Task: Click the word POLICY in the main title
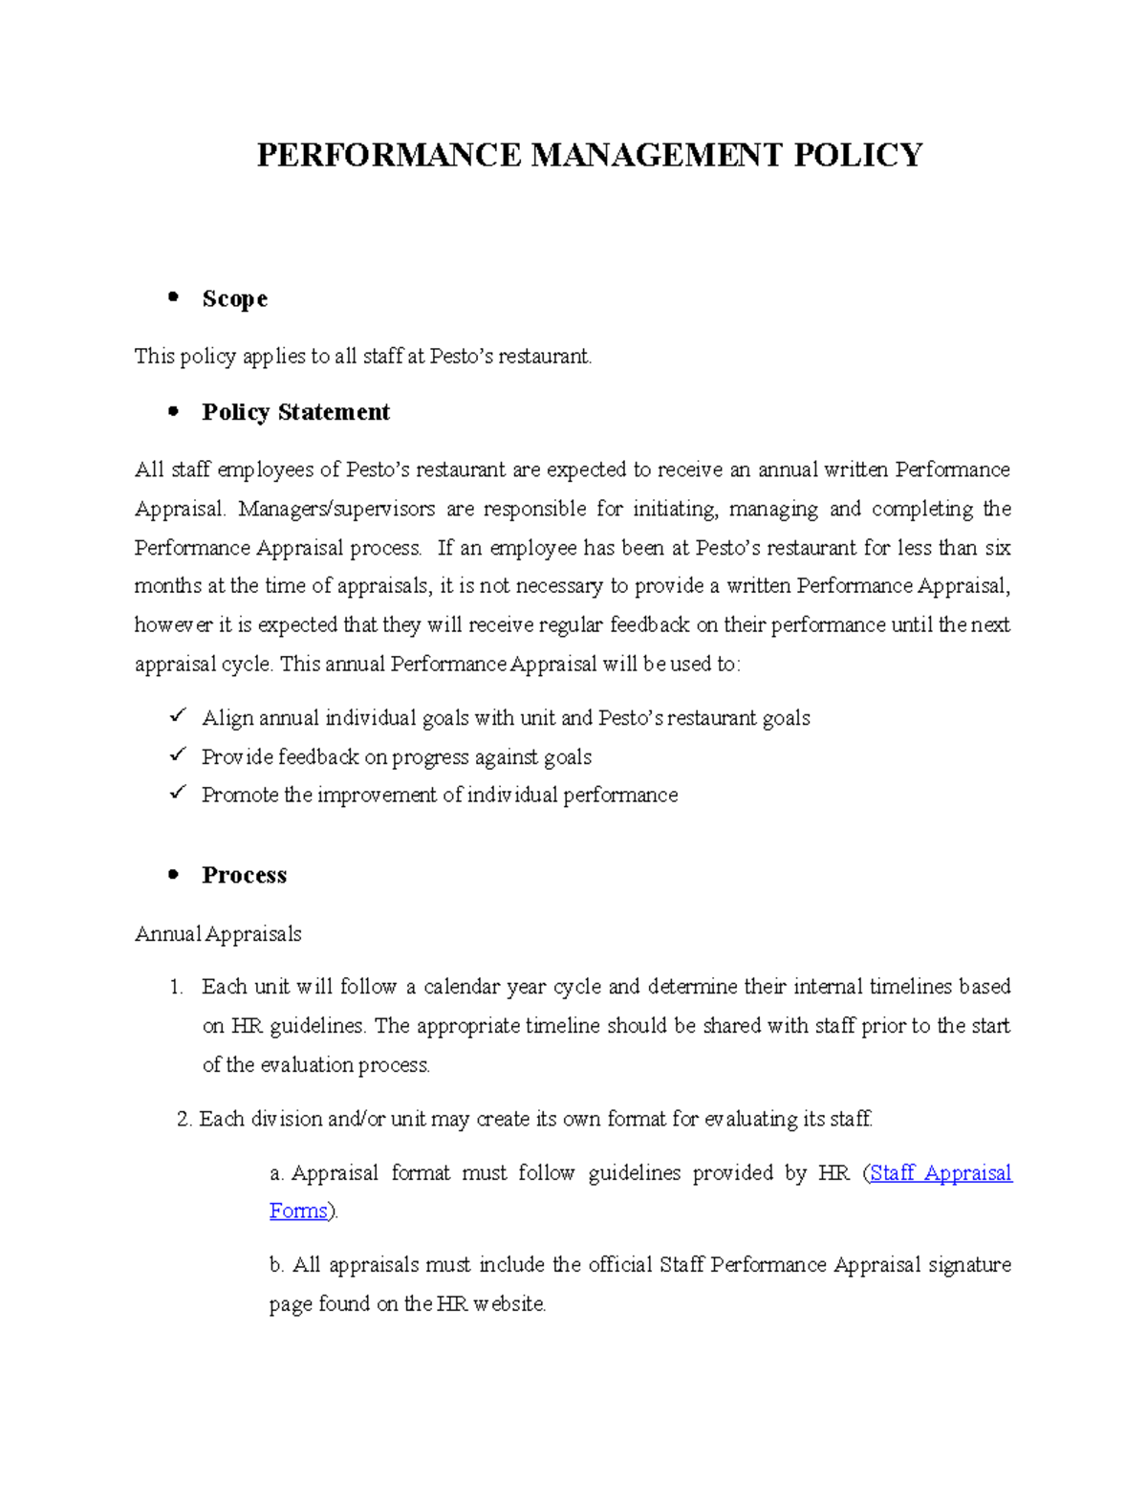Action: pyautogui.click(x=857, y=155)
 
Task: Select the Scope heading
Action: pyautogui.click(x=234, y=299)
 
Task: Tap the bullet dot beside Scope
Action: pyautogui.click(x=173, y=297)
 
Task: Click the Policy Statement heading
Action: pyautogui.click(x=295, y=412)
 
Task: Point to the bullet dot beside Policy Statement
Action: pyautogui.click(x=173, y=411)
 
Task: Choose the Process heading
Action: pyautogui.click(x=244, y=875)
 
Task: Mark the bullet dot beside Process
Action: pyautogui.click(x=173, y=874)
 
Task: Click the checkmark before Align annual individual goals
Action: pyautogui.click(x=177, y=715)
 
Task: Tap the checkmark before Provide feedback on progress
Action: pyautogui.click(x=177, y=754)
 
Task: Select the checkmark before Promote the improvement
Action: pyautogui.click(x=177, y=793)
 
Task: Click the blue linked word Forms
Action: pyautogui.click(x=298, y=1212)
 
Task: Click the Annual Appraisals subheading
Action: pyautogui.click(x=218, y=934)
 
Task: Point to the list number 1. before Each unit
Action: pyautogui.click(x=176, y=987)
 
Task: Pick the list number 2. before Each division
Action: pyautogui.click(x=184, y=1119)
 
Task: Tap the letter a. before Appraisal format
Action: pyautogui.click(x=276, y=1173)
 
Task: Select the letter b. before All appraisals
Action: pyautogui.click(x=276, y=1265)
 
